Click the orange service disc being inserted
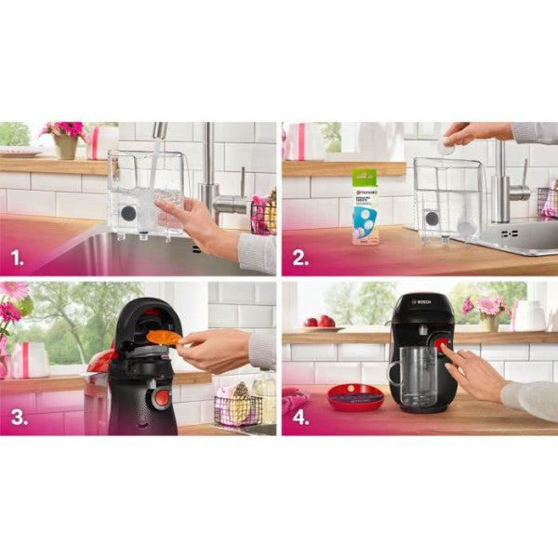(164, 337)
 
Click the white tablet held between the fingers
(446, 146)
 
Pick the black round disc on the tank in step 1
(127, 213)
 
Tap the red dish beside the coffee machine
(355, 397)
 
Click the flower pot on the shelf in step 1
(65, 145)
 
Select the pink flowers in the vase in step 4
(487, 307)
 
